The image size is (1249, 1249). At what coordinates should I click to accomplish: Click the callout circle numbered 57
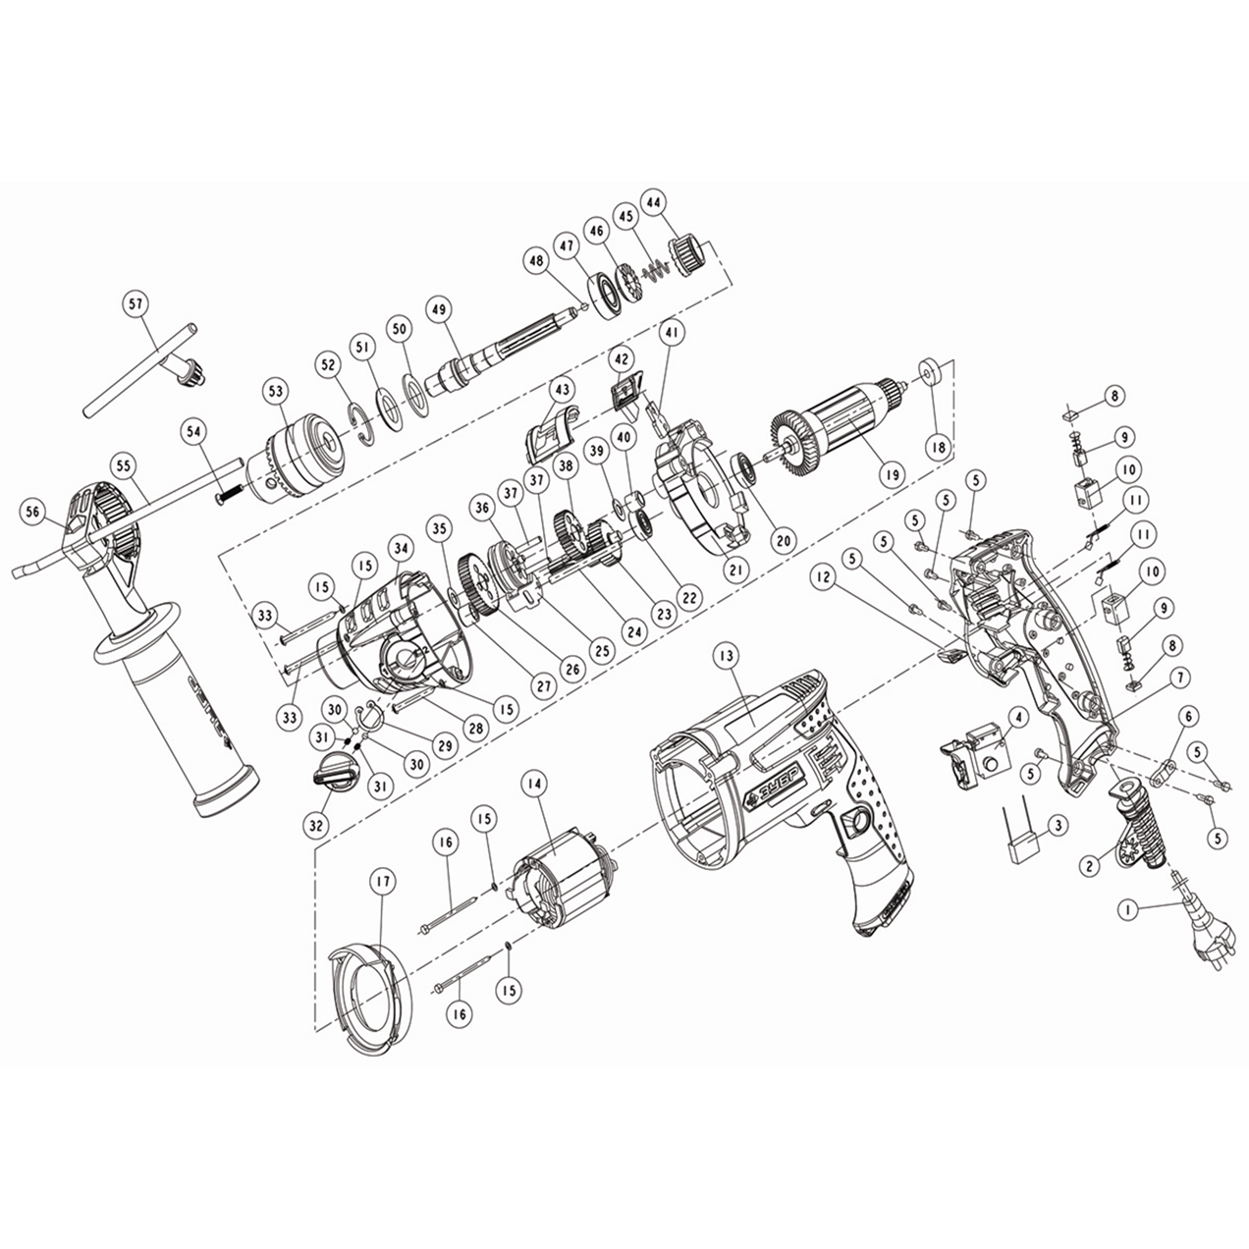coord(135,303)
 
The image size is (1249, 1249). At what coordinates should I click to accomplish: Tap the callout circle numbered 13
coord(726,654)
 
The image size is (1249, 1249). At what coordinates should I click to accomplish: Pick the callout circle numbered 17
coord(382,882)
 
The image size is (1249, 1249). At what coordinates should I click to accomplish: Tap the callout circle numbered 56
coord(35,511)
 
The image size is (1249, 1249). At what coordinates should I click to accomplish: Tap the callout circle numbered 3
coord(1057,827)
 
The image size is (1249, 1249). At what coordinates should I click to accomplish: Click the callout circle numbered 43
coord(562,390)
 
